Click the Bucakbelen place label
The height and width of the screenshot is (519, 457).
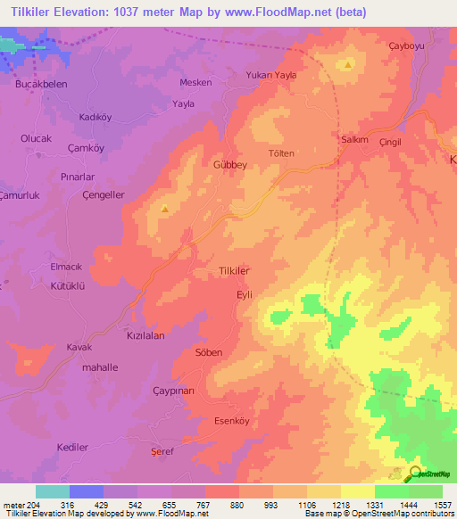coord(41,83)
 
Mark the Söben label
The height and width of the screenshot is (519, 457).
coord(208,353)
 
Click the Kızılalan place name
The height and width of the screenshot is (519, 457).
coord(145,335)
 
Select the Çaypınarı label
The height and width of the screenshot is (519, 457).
coord(173,391)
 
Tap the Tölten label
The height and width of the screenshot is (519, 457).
coord(281,153)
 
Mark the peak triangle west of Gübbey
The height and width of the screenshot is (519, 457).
coord(165,209)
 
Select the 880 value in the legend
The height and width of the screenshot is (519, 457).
coord(237,504)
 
